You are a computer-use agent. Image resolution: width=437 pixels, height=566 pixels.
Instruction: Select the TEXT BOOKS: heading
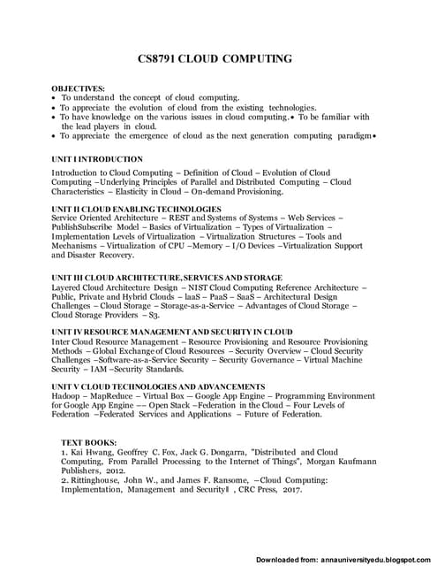tap(92, 441)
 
